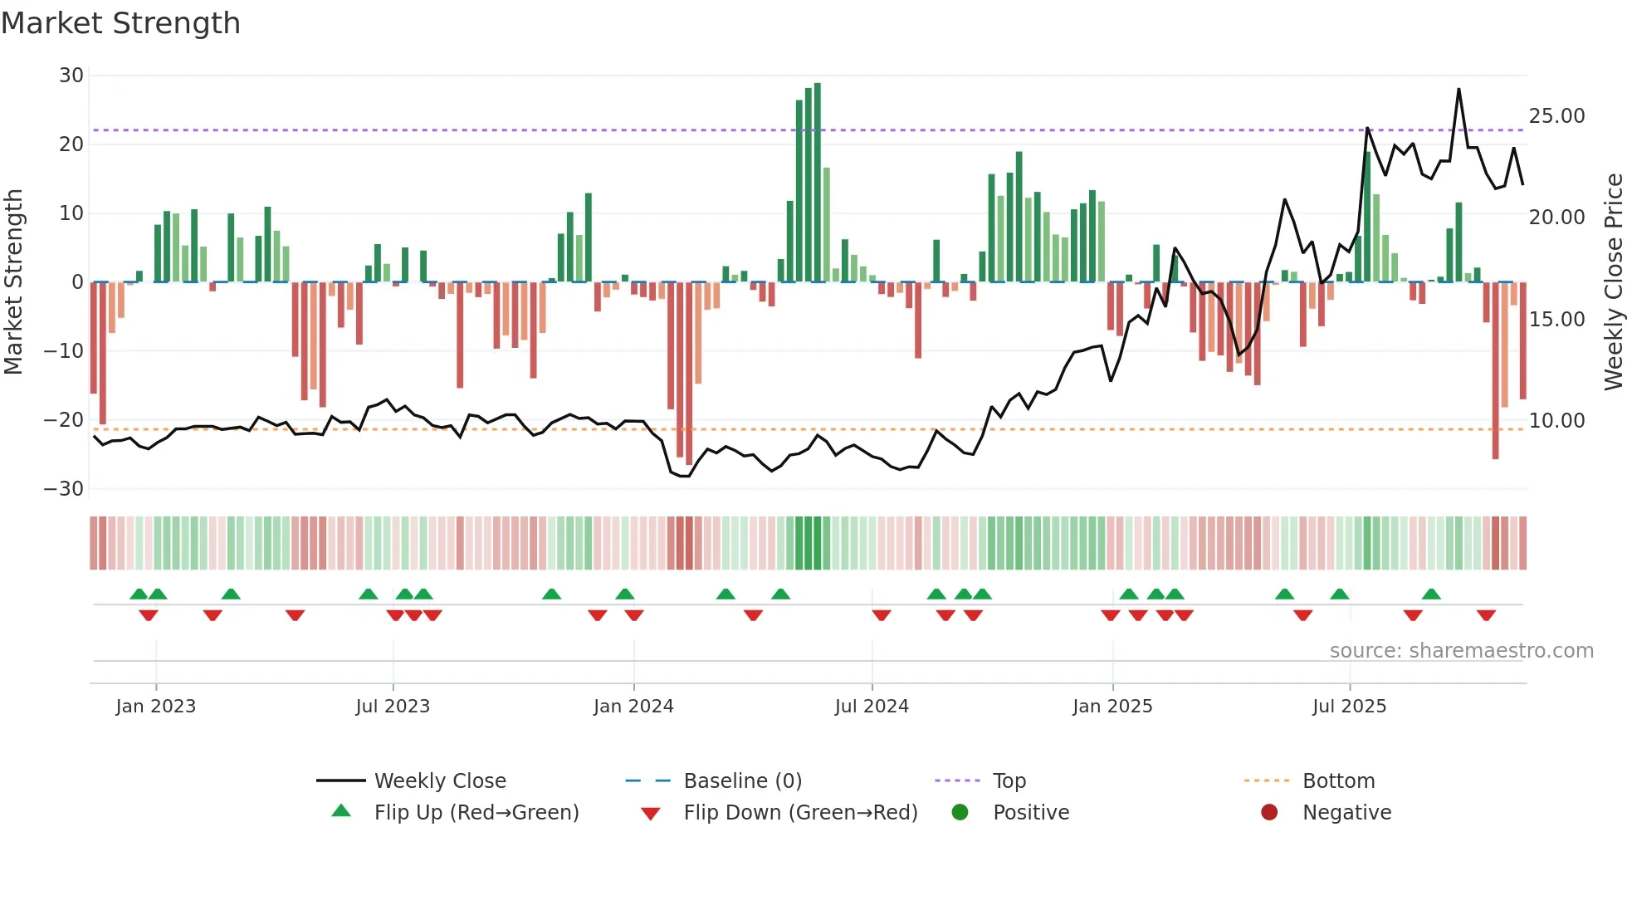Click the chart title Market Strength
120,23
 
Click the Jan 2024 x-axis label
633,707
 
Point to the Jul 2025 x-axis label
1349,707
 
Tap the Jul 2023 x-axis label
393,707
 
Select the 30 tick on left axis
71,76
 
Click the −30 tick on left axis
64,489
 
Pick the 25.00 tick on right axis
1556,116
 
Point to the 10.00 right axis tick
1556,421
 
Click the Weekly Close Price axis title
1613,282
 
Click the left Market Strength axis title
13,282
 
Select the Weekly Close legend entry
440,781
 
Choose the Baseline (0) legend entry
742,781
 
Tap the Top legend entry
1009,781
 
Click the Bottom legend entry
1338,781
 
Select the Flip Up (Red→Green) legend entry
476,813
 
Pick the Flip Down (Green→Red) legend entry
800,813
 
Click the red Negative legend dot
1269,812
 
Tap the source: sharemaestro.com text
1461,651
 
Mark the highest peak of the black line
1458,90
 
